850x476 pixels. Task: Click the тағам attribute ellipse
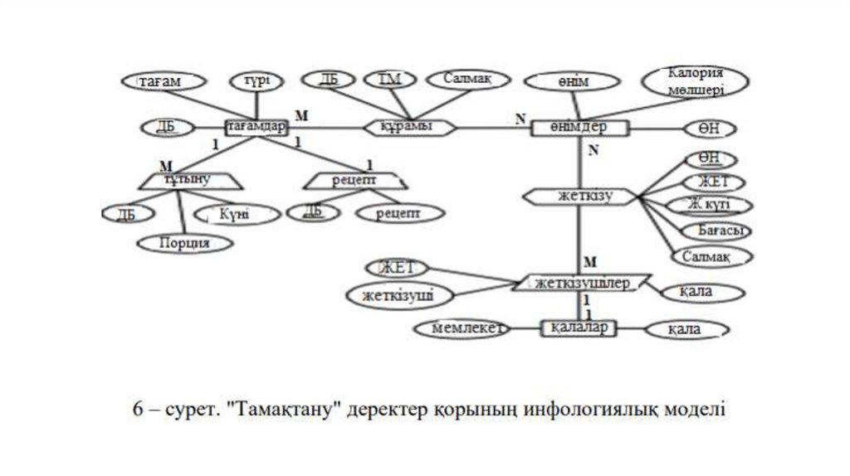161,82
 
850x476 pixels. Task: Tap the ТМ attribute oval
389,80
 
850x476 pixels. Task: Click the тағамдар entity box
256,128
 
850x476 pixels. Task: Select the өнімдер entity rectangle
579,128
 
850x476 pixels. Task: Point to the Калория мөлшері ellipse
697,80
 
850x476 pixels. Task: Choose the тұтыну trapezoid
187,178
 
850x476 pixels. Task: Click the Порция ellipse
184,242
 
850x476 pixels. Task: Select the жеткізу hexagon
582,197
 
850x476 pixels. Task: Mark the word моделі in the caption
695,410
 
